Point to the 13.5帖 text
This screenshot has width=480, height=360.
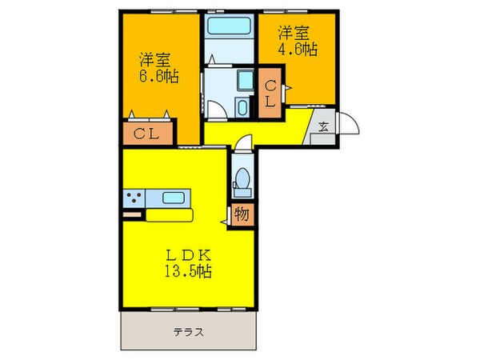[x=189, y=271]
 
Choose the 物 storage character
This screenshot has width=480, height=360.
[x=242, y=214]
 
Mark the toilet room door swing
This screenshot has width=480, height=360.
[x=243, y=144]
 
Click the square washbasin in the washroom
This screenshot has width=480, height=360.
[x=242, y=82]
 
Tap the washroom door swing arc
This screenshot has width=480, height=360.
[x=214, y=110]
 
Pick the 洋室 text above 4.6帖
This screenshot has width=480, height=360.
[x=293, y=33]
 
